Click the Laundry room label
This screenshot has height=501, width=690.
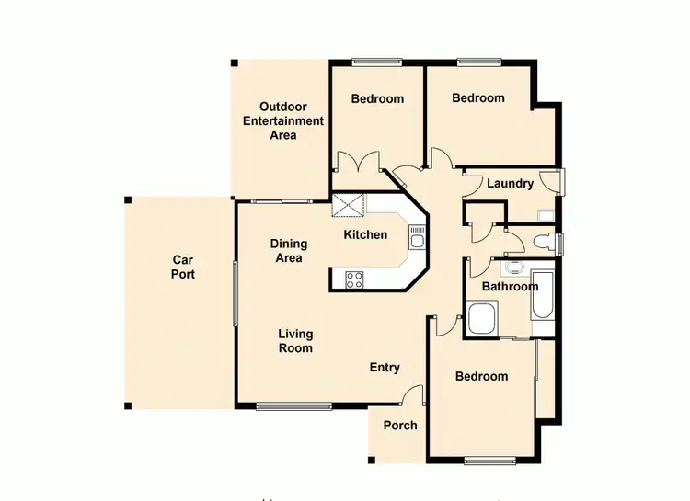click(x=510, y=184)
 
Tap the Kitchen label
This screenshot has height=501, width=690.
click(x=365, y=235)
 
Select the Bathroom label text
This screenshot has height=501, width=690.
click(x=510, y=287)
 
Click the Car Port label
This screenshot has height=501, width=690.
click(x=184, y=267)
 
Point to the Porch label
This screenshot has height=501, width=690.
click(x=400, y=426)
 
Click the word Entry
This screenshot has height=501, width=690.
click(x=385, y=368)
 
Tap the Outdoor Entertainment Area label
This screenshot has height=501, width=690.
click(x=282, y=120)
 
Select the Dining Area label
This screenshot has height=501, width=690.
click(x=289, y=251)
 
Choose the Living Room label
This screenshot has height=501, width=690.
click(x=295, y=341)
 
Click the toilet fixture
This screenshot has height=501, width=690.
click(x=544, y=243)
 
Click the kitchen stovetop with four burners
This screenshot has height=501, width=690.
click(x=354, y=279)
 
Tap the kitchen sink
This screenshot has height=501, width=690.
click(x=417, y=242)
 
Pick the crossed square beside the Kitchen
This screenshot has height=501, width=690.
click(x=348, y=205)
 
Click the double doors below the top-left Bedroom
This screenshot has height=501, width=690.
click(x=358, y=164)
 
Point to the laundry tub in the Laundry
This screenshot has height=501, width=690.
click(x=546, y=216)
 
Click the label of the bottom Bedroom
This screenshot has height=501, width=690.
click(x=481, y=377)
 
